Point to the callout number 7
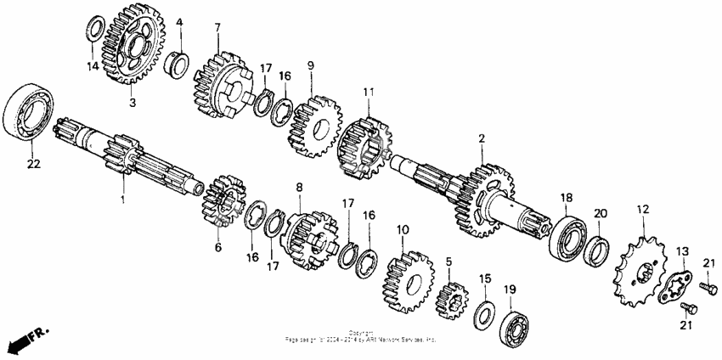(217, 28)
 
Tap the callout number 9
(311, 65)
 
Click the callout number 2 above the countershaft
(482, 138)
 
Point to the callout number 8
(299, 187)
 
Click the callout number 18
(566, 198)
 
